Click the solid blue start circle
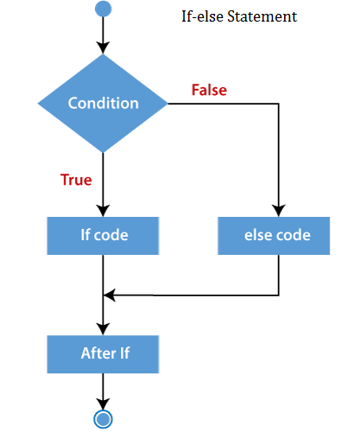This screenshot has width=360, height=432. point(103,9)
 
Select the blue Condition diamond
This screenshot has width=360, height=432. point(103,103)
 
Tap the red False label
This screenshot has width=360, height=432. point(209,90)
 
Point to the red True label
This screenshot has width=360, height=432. point(76,180)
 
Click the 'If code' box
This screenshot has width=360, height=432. point(103,236)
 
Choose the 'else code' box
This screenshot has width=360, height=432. point(274,236)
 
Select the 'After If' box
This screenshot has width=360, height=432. point(103,354)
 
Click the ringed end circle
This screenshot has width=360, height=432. point(103,419)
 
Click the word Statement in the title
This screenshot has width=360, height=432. point(262,16)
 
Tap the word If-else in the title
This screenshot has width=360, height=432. point(202,16)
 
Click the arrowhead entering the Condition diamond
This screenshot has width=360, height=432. point(103,48)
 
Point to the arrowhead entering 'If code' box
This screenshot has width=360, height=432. point(103,211)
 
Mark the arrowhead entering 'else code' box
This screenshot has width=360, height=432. point(279,211)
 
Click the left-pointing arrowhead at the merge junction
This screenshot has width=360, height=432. point(109,295)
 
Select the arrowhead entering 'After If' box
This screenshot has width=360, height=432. point(103,329)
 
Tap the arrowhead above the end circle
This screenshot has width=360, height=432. point(103,404)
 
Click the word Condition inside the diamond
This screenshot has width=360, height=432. point(104,103)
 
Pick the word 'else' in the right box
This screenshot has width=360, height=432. point(257,235)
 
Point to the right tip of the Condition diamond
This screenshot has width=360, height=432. point(167,104)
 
